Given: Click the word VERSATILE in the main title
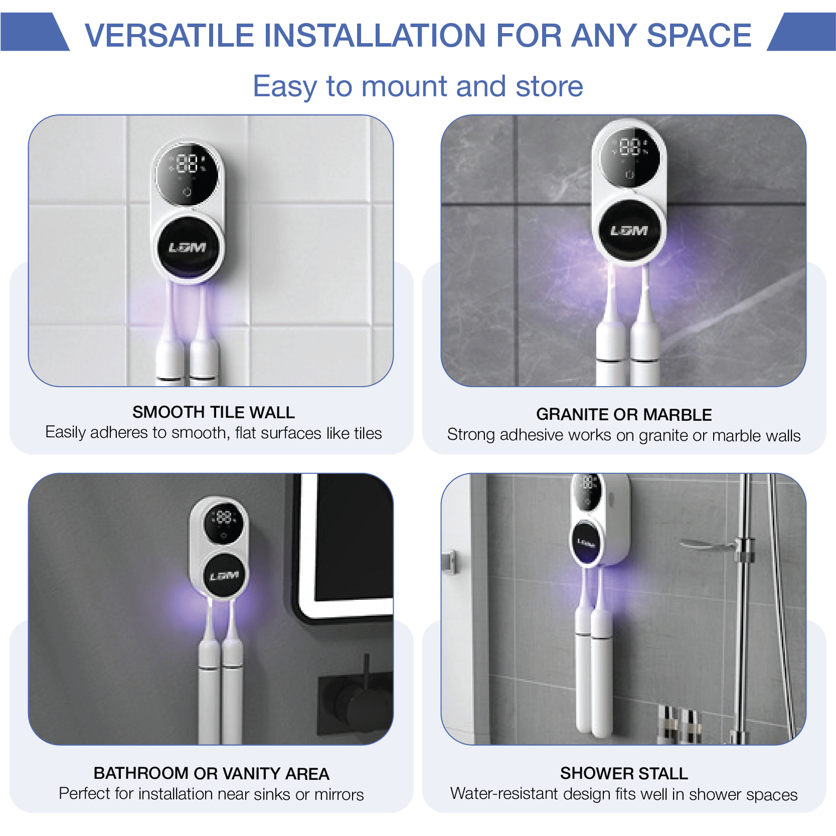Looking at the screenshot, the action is [x=170, y=35].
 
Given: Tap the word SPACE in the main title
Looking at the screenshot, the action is [x=699, y=35].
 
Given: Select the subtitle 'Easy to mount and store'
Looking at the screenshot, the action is [x=418, y=86].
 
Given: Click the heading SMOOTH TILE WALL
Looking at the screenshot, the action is [x=214, y=412].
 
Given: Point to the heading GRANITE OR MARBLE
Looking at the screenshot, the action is [x=624, y=415].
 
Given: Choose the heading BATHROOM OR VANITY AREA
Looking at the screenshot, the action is [x=211, y=773].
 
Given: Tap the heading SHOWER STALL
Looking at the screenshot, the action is [x=624, y=773].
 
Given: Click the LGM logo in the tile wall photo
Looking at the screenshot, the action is [x=187, y=248].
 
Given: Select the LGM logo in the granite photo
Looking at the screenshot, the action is [x=629, y=231].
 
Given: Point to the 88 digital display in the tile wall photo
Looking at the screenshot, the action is [x=188, y=163].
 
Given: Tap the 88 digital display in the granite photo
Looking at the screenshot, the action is [x=630, y=147].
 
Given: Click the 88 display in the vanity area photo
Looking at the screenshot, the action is [x=224, y=517].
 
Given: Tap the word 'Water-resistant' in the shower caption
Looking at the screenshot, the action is [x=504, y=793].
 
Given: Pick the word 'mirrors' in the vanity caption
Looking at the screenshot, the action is [x=339, y=794].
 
